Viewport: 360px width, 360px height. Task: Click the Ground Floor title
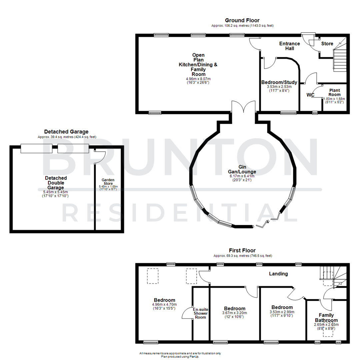(x=242, y=20)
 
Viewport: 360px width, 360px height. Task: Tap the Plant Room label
(x=334, y=92)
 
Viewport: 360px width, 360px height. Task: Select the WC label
(x=311, y=95)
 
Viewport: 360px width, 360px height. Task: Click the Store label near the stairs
(x=327, y=44)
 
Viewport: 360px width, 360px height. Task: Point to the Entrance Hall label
(x=289, y=46)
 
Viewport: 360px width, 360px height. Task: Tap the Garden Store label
(x=108, y=182)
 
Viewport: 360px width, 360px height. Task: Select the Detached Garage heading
(x=66, y=132)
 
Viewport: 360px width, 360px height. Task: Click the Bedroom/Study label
(x=279, y=82)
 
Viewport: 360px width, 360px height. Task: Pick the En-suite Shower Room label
(x=201, y=313)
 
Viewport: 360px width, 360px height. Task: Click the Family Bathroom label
(x=326, y=317)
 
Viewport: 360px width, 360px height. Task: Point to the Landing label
(x=278, y=274)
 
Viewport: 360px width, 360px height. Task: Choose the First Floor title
(x=242, y=250)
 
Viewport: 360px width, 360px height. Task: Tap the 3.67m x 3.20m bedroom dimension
(x=235, y=313)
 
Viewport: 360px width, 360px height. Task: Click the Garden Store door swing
(x=100, y=157)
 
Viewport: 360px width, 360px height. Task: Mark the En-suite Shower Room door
(x=187, y=313)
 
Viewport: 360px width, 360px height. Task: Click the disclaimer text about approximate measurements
(x=180, y=353)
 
